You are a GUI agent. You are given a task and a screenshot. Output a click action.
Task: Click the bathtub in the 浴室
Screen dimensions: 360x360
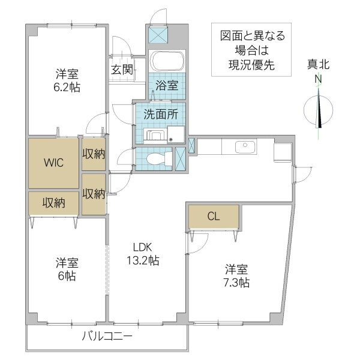pyautogui.click(x=167, y=61)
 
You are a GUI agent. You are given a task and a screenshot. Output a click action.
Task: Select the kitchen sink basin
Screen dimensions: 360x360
pyautogui.click(x=245, y=147)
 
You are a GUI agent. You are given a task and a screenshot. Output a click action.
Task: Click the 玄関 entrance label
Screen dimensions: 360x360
pyautogui.click(x=122, y=70)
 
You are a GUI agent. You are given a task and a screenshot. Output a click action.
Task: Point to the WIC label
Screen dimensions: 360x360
pyautogui.click(x=53, y=163)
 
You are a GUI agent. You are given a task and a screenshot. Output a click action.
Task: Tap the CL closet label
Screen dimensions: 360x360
pyautogui.click(x=214, y=216)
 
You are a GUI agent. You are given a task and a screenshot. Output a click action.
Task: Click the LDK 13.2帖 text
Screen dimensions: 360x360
pyautogui.click(x=143, y=254)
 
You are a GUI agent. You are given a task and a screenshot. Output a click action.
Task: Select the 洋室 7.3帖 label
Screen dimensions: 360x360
pyautogui.click(x=237, y=276)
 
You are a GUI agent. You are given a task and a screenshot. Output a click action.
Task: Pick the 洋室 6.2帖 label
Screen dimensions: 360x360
pyautogui.click(x=67, y=80)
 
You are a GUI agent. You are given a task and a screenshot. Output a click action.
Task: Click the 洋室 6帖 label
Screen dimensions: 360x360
pyautogui.click(x=67, y=269)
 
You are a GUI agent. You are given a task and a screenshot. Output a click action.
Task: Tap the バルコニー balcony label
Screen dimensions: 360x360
pyautogui.click(x=107, y=337)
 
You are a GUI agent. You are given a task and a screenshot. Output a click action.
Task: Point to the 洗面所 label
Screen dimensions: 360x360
pyautogui.click(x=161, y=115)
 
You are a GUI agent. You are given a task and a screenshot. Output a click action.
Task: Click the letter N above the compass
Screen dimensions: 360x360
pyautogui.click(x=318, y=79)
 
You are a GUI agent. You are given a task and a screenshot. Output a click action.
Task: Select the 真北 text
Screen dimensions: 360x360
pyautogui.click(x=319, y=65)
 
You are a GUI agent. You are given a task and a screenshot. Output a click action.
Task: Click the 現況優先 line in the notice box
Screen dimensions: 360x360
pyautogui.click(x=251, y=65)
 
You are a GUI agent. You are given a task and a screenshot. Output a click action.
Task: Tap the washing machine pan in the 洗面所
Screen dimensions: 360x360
pyautogui.click(x=176, y=134)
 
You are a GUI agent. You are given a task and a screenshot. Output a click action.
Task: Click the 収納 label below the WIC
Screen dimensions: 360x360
pyautogui.click(x=54, y=203)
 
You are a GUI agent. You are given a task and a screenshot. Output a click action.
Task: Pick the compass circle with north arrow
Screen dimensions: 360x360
pyautogui.click(x=318, y=110)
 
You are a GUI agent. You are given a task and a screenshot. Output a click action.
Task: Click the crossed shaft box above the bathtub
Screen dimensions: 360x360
pyautogui.click(x=158, y=35)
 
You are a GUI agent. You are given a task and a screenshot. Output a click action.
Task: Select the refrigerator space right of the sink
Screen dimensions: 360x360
pyautogui.click(x=283, y=152)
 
